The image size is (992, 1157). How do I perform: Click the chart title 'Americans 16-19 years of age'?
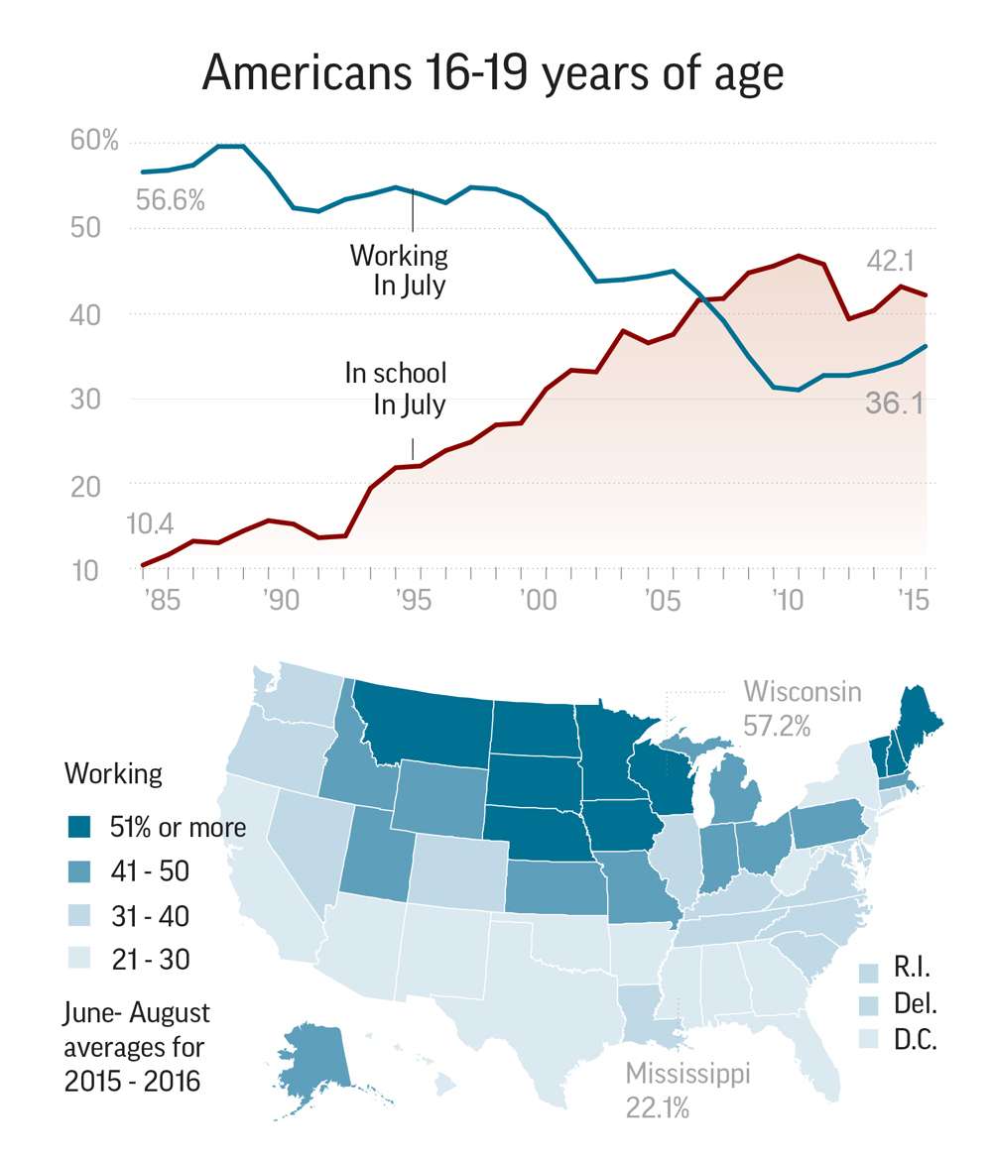pos(493,74)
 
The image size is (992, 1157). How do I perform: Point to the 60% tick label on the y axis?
pos(94,142)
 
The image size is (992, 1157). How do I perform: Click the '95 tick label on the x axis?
pos(412,601)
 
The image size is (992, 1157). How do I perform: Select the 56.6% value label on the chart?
pos(171,201)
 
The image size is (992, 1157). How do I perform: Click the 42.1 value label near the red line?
pos(890,262)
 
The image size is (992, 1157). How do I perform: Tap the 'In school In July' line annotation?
pos(396,389)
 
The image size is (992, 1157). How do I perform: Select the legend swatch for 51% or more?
pos(80,827)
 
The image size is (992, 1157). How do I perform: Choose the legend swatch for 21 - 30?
pos(80,960)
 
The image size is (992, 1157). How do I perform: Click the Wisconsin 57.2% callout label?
pos(802,708)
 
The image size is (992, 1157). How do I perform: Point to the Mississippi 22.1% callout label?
pos(687,1089)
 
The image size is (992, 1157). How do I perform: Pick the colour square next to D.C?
pos(870,1040)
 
